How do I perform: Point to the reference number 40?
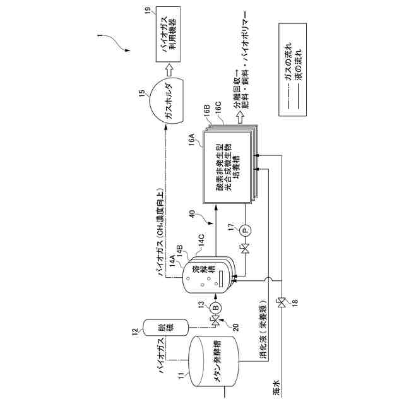192,215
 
